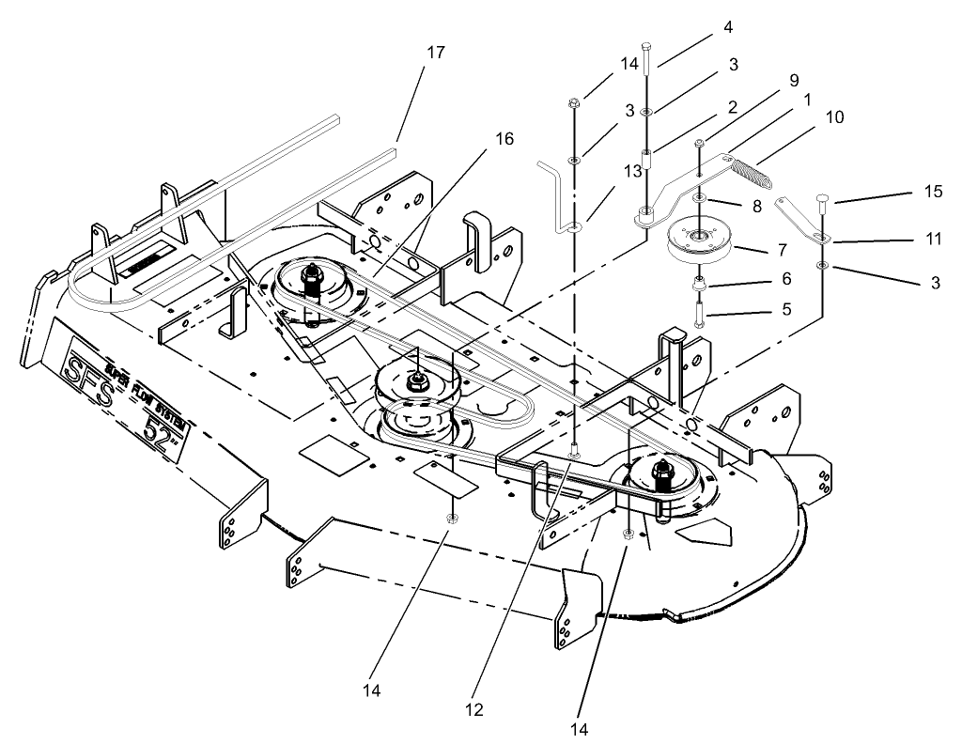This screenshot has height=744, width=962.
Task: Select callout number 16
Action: tap(504, 139)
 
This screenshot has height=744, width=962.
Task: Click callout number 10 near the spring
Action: tap(833, 117)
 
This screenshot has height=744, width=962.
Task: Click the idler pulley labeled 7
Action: tap(701, 239)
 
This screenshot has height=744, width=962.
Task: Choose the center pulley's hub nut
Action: tap(413, 382)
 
